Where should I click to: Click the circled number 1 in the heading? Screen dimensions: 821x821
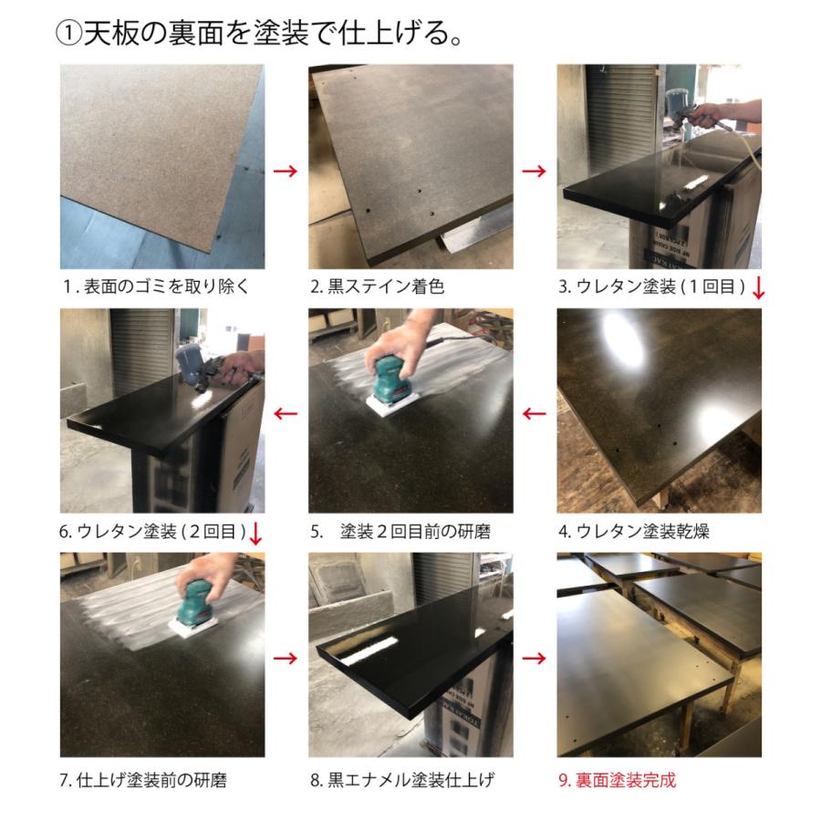tap(69, 34)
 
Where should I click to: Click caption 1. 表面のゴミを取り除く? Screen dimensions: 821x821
tap(156, 286)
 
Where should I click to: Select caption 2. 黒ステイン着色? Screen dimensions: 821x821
tap(377, 286)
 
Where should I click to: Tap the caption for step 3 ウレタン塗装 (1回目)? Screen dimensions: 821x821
tap(651, 286)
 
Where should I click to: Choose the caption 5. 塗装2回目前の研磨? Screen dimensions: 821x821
tap(400, 531)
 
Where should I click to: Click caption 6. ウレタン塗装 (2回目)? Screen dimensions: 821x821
tap(153, 531)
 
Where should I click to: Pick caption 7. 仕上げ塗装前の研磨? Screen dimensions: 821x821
tap(143, 780)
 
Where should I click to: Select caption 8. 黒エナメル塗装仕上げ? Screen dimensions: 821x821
tap(401, 780)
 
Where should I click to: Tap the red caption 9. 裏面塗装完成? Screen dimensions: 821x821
tap(617, 780)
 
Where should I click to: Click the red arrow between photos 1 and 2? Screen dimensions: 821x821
tap(286, 171)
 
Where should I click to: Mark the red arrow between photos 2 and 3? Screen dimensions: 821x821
tap(535, 171)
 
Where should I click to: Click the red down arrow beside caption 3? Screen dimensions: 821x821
tap(758, 288)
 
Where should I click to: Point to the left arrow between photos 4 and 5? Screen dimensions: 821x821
tap(535, 414)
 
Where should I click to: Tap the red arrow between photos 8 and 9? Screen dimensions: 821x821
tap(535, 658)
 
